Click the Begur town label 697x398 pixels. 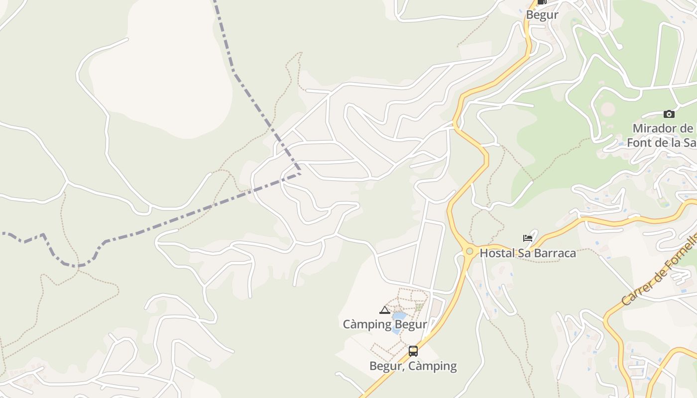542,15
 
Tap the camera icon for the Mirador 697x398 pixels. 669,114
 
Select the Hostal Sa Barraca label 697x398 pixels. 527,253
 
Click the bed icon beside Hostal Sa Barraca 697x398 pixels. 528,238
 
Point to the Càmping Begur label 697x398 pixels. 385,324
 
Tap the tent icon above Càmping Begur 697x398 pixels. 384,310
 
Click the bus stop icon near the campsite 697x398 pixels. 413,351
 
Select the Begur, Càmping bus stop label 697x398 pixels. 413,366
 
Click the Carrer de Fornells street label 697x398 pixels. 658,272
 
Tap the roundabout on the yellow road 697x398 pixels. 469,251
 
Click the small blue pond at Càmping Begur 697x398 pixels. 399,316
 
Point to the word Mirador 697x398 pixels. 655,128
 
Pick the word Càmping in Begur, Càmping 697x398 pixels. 432,366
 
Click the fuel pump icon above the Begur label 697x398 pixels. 542,1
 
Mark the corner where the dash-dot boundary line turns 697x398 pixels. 300,173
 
